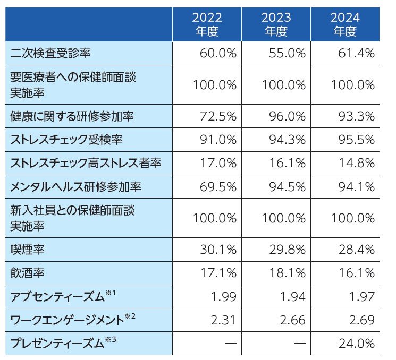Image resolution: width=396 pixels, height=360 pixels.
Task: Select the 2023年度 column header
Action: pyautogui.click(x=276, y=24)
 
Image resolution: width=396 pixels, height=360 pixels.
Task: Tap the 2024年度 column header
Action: pyautogui.click(x=345, y=24)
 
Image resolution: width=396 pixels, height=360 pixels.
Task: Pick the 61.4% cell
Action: pyautogui.click(x=356, y=53)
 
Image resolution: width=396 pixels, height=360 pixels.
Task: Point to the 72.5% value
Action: pyautogui.click(x=218, y=116)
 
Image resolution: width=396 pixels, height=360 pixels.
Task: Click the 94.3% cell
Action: pyautogui.click(x=287, y=140)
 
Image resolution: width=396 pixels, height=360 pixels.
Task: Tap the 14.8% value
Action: pyautogui.click(x=356, y=164)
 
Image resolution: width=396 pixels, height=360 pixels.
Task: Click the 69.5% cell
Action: pyautogui.click(x=218, y=187)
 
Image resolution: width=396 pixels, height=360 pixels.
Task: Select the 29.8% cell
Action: pyautogui.click(x=287, y=250)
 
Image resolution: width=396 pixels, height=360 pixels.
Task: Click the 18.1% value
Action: pyautogui.click(x=287, y=273)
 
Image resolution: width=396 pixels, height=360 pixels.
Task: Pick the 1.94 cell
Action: pyautogui.click(x=292, y=297)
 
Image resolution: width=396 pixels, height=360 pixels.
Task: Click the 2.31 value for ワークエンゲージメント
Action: pyautogui.click(x=223, y=320)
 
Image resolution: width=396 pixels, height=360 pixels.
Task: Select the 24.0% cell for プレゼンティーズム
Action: pyautogui.click(x=356, y=344)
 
